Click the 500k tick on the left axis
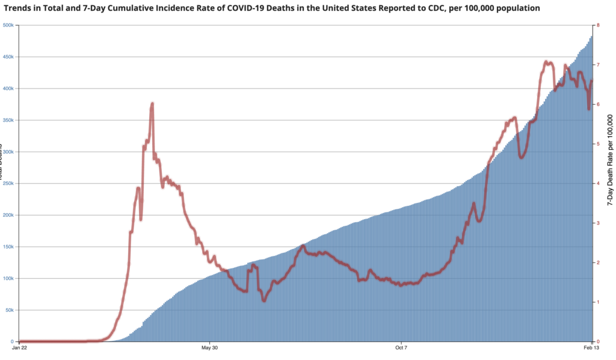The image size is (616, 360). (10, 25)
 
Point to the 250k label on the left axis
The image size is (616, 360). (10, 184)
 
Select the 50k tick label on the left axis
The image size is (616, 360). (11, 310)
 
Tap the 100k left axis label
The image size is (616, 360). (10, 278)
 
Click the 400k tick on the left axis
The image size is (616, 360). (10, 88)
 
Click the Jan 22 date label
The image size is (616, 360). (19, 347)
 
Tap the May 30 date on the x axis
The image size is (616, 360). (209, 347)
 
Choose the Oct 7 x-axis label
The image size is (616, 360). (401, 347)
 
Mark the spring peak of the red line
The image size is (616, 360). (152, 104)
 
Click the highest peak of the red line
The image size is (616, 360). (546, 61)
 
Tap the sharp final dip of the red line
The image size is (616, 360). (588, 109)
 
